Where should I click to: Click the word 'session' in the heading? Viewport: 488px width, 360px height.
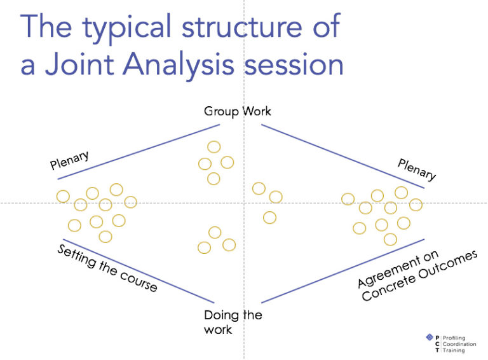(302, 65)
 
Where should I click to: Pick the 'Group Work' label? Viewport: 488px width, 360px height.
(237, 111)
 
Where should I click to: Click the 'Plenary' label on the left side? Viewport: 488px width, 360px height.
(69, 161)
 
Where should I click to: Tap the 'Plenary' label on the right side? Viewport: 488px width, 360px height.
(417, 170)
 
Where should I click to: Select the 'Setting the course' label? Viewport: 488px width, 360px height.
(107, 268)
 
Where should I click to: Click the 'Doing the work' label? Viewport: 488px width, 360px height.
(233, 322)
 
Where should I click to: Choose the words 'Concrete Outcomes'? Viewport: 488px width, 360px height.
(420, 277)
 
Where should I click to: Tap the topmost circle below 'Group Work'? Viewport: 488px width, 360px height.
(214, 148)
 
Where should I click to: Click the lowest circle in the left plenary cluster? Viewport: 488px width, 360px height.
(105, 237)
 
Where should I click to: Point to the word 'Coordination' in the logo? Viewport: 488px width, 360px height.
(461, 343)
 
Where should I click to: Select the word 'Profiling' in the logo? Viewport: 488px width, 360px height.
(456, 337)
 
